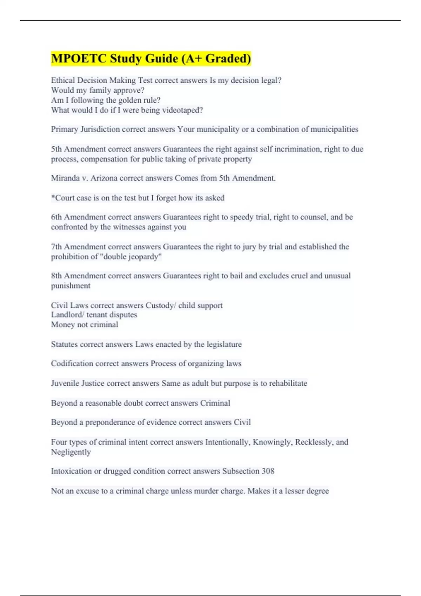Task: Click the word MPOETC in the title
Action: tap(79, 59)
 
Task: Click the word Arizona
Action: tap(104, 178)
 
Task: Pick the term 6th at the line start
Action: tap(56, 217)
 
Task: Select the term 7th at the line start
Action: tap(56, 247)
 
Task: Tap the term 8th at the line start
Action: tap(56, 276)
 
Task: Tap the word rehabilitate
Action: tap(288, 383)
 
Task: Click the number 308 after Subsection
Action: tap(268, 471)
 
